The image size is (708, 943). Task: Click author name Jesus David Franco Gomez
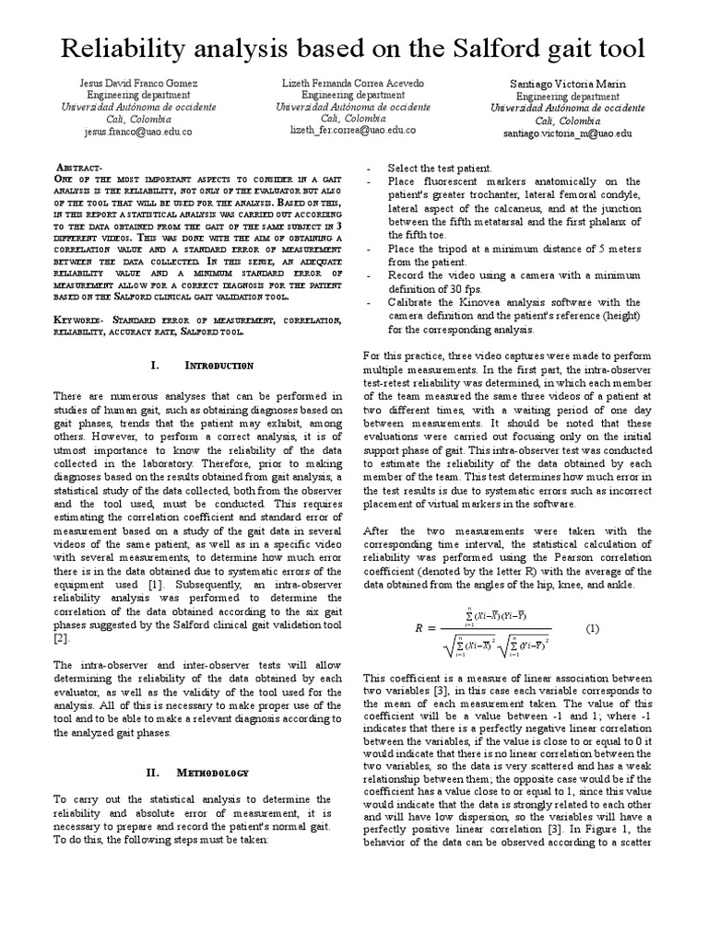138,83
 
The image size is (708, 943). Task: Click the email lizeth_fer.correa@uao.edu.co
352,130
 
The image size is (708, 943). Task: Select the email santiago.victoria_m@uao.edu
567,133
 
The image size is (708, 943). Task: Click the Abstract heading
80,167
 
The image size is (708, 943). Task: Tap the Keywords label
81,319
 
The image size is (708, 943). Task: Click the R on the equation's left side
419,629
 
